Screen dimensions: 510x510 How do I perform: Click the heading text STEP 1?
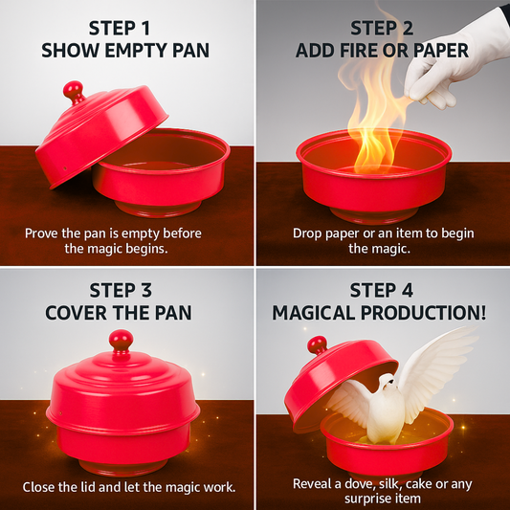[125, 27]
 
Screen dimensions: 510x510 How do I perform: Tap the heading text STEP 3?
[125, 289]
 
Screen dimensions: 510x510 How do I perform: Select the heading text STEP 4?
[380, 289]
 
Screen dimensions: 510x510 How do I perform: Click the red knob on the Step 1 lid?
[74, 91]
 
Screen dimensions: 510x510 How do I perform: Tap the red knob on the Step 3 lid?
[121, 340]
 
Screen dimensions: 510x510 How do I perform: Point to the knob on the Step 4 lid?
[317, 344]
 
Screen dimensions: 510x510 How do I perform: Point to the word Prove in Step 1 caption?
[43, 233]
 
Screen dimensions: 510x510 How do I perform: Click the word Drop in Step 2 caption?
[309, 233]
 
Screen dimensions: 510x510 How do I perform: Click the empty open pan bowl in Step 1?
[163, 167]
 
